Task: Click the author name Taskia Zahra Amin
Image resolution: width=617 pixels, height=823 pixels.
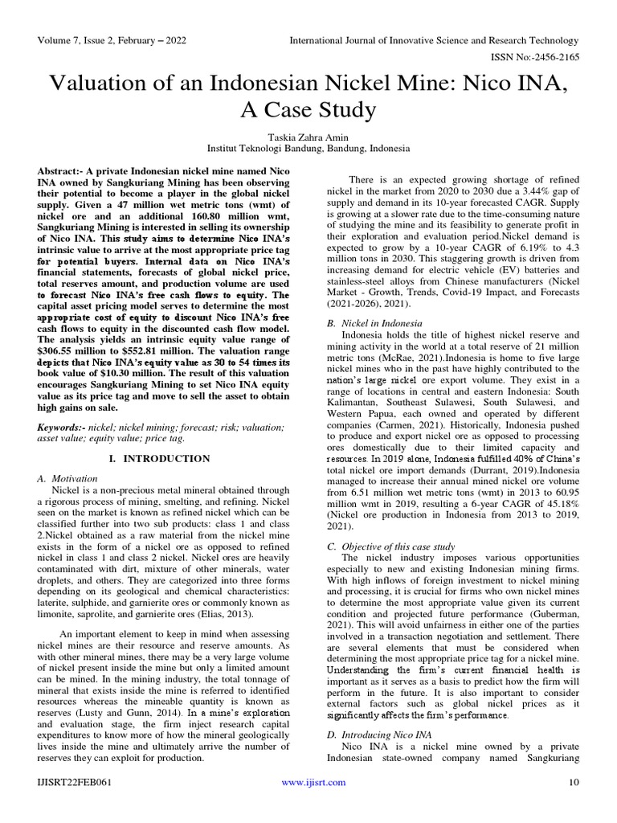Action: [x=308, y=137]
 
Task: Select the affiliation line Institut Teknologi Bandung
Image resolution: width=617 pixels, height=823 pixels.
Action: [x=308, y=149]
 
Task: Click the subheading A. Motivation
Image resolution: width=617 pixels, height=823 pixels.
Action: [x=68, y=478]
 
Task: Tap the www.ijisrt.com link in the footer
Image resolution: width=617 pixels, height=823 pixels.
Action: [x=313, y=782]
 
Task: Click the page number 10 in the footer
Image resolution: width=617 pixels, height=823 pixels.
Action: [x=574, y=782]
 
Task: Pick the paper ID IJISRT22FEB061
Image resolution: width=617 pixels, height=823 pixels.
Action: [x=73, y=782]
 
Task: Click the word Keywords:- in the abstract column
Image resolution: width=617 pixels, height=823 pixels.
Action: [x=63, y=428]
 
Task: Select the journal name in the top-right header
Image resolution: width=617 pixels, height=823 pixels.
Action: [x=433, y=40]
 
